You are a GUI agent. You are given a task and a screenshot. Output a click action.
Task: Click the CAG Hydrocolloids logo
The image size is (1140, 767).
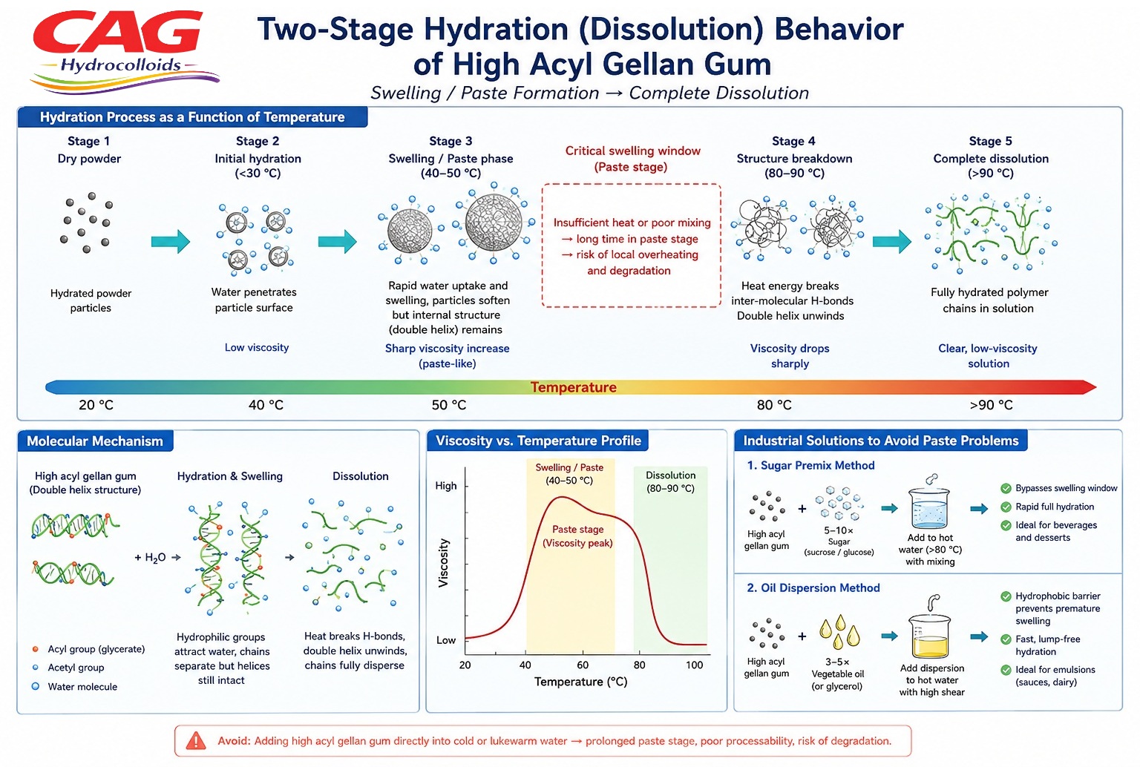click(125, 52)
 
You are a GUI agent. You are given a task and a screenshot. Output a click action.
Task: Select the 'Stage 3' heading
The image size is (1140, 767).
click(451, 141)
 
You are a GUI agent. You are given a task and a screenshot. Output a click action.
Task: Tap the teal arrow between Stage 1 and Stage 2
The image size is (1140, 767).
click(171, 241)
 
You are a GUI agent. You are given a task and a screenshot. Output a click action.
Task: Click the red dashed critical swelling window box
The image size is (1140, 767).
click(631, 245)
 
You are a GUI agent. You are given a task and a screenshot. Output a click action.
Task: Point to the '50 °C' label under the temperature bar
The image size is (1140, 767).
click(449, 405)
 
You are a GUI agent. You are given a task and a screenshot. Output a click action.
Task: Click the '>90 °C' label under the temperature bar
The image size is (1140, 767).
click(991, 405)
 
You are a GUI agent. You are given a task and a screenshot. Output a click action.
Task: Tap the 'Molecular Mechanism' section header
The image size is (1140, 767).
click(95, 441)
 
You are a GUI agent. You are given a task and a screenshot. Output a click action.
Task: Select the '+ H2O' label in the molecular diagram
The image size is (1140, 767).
click(150, 558)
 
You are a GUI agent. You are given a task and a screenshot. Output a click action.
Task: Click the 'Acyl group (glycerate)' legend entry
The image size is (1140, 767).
click(89, 649)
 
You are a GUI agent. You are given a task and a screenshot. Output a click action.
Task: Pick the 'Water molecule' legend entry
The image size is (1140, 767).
click(75, 687)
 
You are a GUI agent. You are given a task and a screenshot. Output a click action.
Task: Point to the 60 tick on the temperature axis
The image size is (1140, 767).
click(582, 665)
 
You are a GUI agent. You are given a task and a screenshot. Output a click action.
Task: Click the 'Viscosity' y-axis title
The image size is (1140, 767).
click(443, 562)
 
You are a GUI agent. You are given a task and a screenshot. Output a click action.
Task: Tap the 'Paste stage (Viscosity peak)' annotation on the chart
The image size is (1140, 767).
click(577, 536)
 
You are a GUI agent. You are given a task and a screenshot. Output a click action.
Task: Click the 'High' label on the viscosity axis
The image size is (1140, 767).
click(446, 486)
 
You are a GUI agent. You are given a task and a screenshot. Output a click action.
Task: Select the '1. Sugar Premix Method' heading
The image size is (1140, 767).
click(810, 465)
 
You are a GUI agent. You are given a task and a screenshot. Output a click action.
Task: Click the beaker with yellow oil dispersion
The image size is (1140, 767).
click(930, 636)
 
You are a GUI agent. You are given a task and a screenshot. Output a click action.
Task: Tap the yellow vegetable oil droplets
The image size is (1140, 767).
click(839, 631)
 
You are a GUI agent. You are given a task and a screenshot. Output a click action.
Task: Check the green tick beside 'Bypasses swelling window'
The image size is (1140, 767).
click(1006, 489)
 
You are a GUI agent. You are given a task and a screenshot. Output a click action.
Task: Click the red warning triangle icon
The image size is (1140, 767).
click(196, 741)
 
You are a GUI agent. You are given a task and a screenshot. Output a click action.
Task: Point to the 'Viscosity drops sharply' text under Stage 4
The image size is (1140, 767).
click(790, 356)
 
